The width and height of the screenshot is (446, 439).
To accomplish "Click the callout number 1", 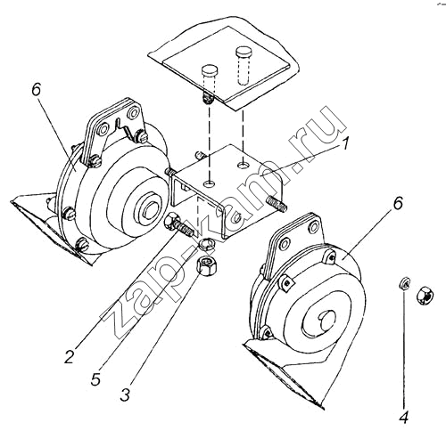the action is (343, 143).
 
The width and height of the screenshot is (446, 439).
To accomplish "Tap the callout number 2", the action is (69, 356).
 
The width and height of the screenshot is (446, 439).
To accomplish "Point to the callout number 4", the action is (403, 418).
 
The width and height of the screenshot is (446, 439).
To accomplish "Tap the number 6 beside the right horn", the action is (398, 203).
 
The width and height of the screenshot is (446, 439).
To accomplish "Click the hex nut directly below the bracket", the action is (207, 264).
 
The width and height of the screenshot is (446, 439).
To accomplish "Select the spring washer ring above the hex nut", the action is (207, 244).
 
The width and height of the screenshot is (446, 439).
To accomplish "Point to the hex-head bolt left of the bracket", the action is (178, 224).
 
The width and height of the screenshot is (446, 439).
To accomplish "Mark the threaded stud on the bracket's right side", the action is (277, 204).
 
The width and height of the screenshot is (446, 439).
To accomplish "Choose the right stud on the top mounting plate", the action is (244, 65).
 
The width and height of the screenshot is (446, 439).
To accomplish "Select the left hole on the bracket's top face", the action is (210, 184).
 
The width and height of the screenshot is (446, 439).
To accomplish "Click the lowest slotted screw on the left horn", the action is (82, 245).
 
